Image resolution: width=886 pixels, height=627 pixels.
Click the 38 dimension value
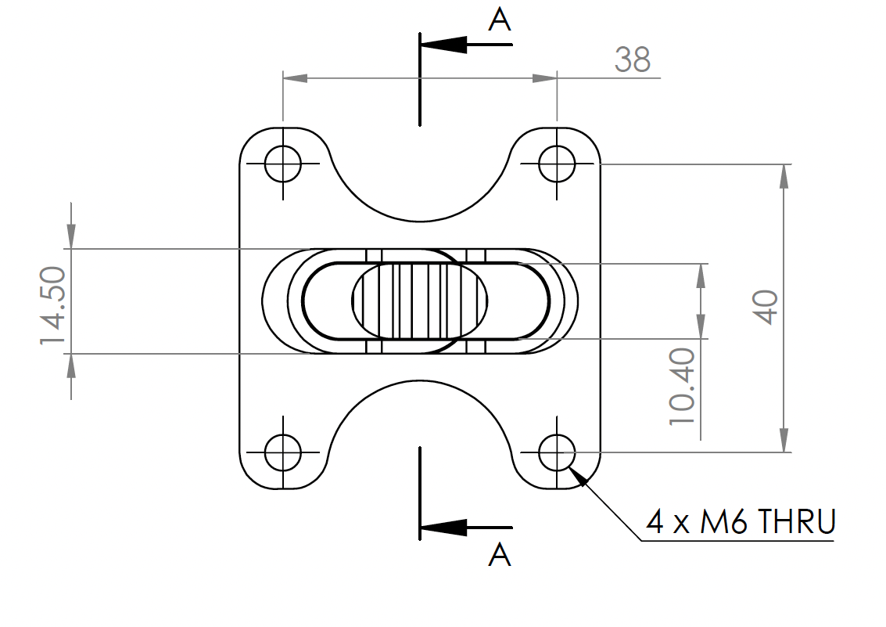tap(632, 59)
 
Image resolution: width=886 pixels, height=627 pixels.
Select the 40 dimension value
tap(766, 307)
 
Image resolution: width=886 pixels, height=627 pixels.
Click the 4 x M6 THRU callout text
tap(741, 521)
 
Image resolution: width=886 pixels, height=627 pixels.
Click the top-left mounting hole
tap(282, 164)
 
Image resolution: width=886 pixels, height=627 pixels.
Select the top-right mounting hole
tap(558, 164)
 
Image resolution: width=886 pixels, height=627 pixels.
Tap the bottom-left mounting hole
tap(282, 452)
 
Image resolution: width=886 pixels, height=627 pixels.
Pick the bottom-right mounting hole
tap(558, 452)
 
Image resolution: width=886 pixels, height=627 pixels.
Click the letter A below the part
tap(500, 555)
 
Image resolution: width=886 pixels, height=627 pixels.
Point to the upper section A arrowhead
tap(443, 45)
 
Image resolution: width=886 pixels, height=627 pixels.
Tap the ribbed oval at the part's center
tap(421, 301)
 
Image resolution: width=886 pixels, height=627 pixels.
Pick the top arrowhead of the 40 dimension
tap(784, 176)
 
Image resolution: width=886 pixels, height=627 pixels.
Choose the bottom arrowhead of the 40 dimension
tap(784, 440)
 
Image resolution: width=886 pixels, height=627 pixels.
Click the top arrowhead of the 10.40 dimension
tap(700, 275)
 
